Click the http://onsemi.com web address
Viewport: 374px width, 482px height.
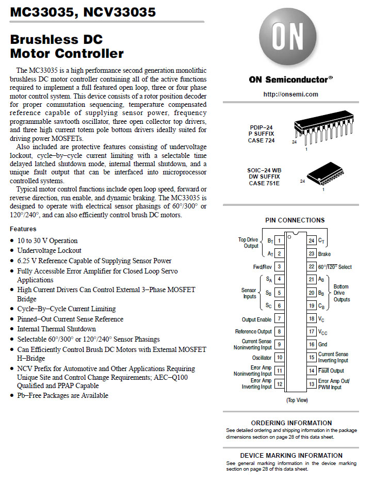click(x=290, y=94)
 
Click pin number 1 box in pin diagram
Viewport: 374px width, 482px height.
click(x=279, y=240)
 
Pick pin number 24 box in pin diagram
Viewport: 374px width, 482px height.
click(x=312, y=240)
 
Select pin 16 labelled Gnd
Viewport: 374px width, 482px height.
click(x=312, y=344)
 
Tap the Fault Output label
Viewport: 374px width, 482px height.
click(x=331, y=371)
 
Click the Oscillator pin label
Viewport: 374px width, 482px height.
click(x=262, y=358)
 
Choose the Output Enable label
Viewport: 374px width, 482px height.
click(x=256, y=320)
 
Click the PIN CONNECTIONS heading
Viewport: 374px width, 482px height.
click(x=295, y=220)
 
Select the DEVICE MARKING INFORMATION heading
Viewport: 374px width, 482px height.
click(x=291, y=456)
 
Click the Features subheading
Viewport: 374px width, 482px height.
click(x=23, y=229)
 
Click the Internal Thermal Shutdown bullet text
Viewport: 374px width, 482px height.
click(x=56, y=329)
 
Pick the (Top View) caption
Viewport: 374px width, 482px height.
click(x=297, y=400)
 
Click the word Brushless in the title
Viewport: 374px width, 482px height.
click(x=49, y=39)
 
